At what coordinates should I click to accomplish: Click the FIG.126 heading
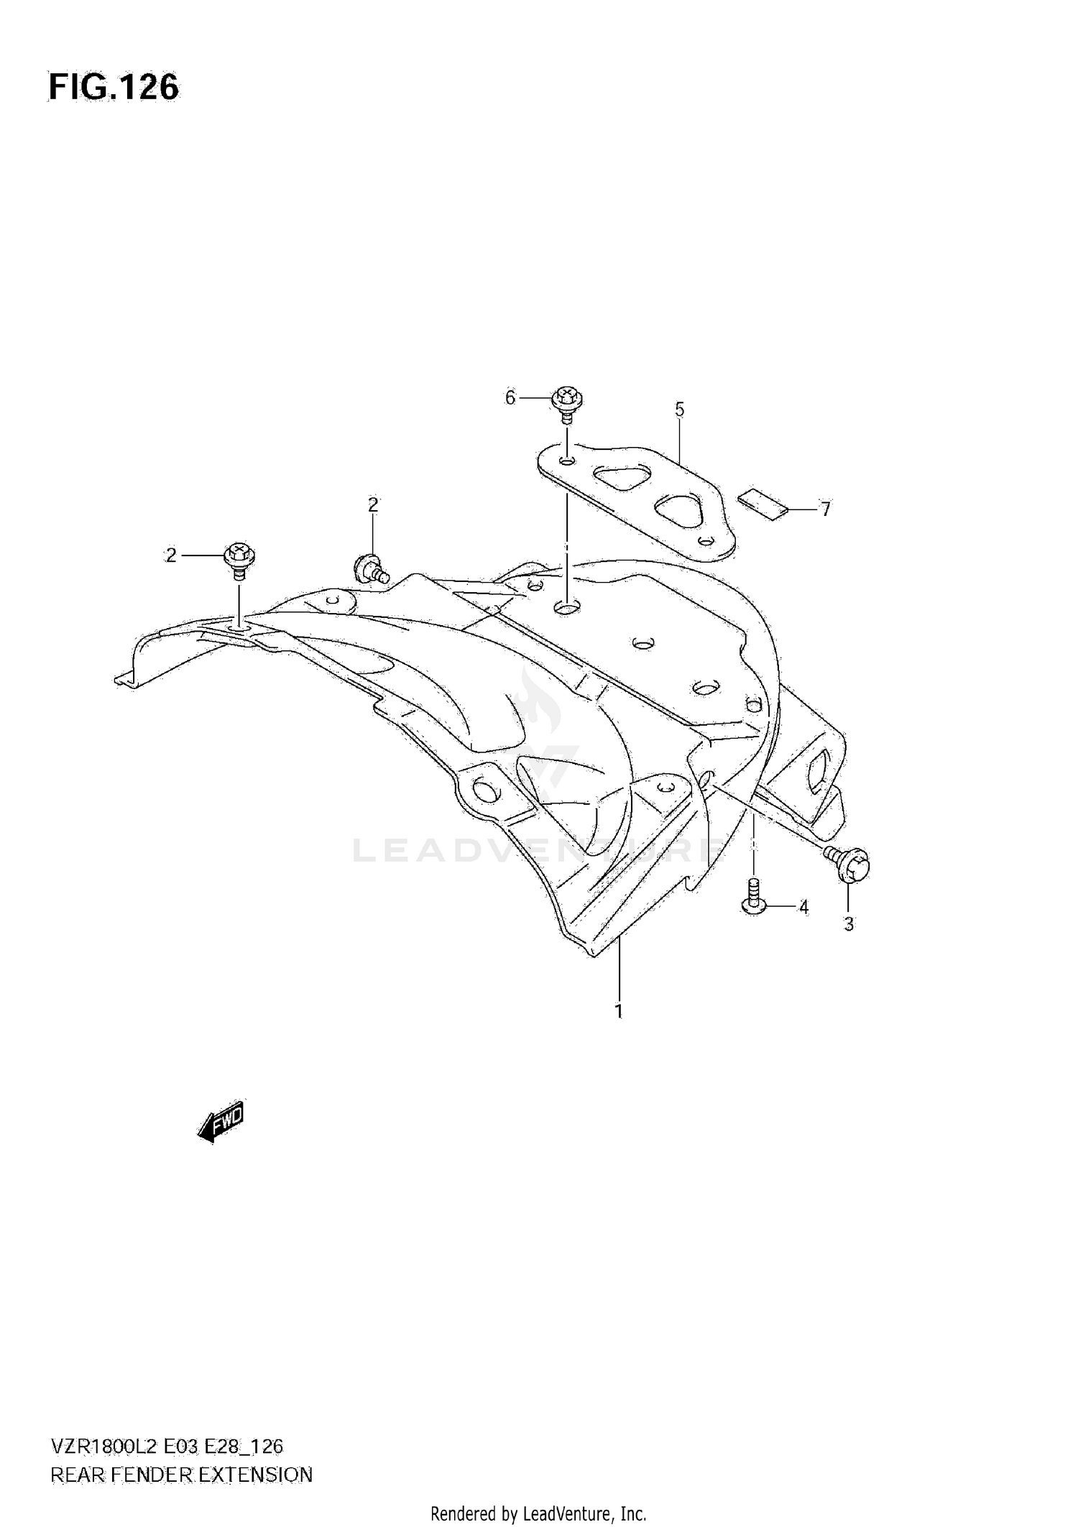pyautogui.click(x=114, y=88)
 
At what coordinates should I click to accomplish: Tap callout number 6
pyautogui.click(x=510, y=397)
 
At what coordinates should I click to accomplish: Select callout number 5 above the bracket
pyautogui.click(x=679, y=410)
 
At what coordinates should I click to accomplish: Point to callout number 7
pyautogui.click(x=826, y=509)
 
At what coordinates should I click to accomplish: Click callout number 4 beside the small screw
pyautogui.click(x=803, y=908)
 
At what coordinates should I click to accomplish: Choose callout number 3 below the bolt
pyautogui.click(x=849, y=925)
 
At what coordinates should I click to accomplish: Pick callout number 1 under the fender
pyautogui.click(x=618, y=1011)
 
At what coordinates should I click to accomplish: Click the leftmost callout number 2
pyautogui.click(x=171, y=555)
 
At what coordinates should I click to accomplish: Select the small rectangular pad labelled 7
pyautogui.click(x=763, y=504)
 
